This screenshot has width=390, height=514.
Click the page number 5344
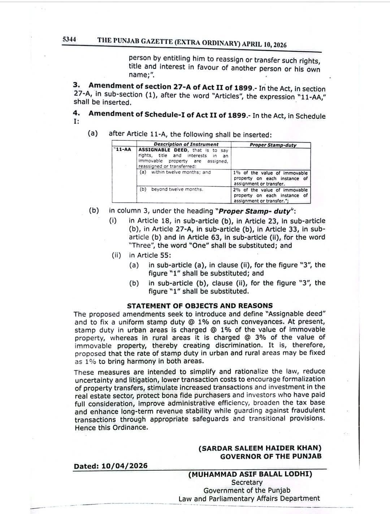[x=69, y=39]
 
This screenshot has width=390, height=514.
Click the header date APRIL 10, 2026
[x=264, y=44]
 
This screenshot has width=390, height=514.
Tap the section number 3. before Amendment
[x=76, y=85]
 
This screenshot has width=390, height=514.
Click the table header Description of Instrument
[x=186, y=144]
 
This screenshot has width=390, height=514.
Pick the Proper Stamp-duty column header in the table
[x=273, y=145]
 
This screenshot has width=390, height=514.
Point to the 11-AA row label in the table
[x=123, y=149]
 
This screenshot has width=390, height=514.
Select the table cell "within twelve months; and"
[x=181, y=172]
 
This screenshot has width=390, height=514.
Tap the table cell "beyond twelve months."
[x=177, y=189]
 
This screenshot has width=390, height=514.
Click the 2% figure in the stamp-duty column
[x=237, y=190]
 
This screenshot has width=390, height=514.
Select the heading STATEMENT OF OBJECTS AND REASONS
[x=200, y=306]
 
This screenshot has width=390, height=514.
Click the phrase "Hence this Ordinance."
[x=111, y=428]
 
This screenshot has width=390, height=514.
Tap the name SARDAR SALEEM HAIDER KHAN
[x=260, y=448]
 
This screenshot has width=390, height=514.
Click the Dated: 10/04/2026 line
[x=110, y=466]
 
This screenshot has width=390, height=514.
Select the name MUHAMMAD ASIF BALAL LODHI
[x=250, y=474]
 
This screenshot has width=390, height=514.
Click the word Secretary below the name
[x=247, y=482]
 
